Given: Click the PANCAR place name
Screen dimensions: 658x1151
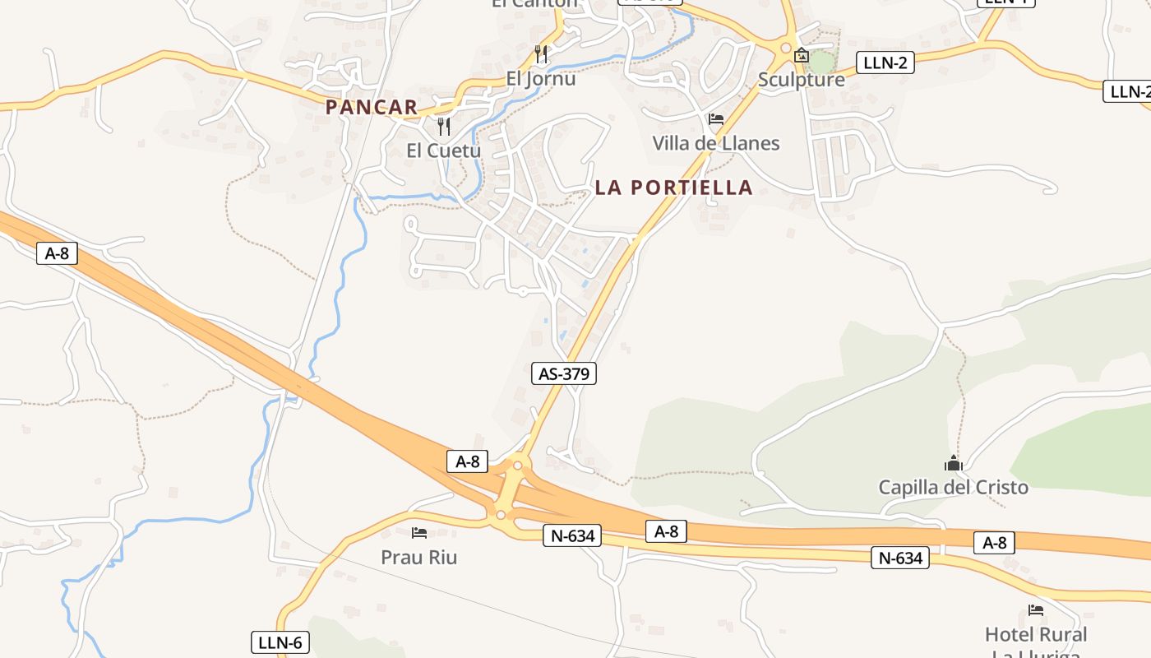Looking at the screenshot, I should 372,107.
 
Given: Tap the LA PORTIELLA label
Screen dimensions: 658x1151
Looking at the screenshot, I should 673,188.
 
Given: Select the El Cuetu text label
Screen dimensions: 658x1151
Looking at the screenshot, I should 444,151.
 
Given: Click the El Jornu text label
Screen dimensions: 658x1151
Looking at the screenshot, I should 540,80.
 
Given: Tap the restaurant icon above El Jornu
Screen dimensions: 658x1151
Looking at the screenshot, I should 541,54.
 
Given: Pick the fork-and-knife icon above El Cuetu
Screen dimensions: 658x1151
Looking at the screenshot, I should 444,126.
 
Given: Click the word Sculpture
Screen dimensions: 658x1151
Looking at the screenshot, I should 801,80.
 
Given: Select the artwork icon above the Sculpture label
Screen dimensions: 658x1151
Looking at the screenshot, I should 802,56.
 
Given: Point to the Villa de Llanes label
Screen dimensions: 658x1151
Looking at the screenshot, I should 715,143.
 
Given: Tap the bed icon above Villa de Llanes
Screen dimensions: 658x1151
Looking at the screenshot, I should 716,119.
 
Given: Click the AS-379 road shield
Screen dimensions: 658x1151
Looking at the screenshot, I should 563,373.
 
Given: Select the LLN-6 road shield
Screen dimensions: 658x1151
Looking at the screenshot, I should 280,642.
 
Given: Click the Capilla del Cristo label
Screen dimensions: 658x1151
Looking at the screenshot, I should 953,487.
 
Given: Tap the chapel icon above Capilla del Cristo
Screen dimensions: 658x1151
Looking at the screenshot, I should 953,463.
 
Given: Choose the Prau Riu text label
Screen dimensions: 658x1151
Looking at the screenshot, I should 418,558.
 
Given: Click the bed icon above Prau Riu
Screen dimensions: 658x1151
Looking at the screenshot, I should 419,533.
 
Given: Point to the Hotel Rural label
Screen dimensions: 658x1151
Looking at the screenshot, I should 1035,635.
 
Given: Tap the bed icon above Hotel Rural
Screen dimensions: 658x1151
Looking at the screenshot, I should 1036,610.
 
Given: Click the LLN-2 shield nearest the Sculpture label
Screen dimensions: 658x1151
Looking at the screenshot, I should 885,63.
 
